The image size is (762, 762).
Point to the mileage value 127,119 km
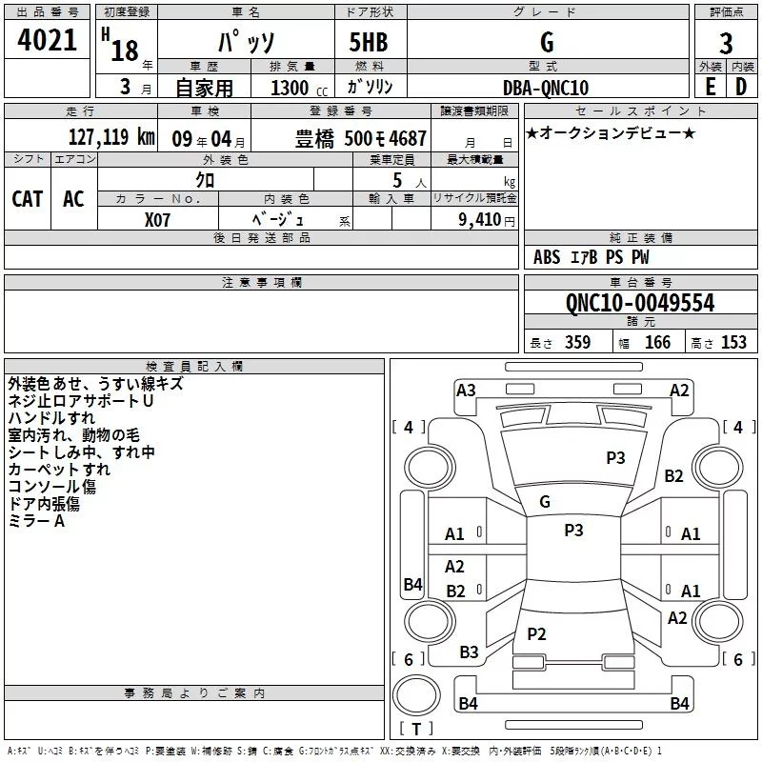111,138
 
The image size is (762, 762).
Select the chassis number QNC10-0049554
639,304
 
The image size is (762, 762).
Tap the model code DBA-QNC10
546,89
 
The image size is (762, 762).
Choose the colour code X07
158,218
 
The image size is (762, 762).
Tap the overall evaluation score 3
726,43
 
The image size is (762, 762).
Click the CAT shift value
28,198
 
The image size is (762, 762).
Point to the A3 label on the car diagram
466,390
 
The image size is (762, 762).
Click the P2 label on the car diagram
537,634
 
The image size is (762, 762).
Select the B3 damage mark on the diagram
469,652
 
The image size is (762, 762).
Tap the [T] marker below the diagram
415,730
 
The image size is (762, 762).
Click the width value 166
657,343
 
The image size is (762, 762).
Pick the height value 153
733,343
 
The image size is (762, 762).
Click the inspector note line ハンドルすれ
51,418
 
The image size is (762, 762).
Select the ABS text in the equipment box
547,257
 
